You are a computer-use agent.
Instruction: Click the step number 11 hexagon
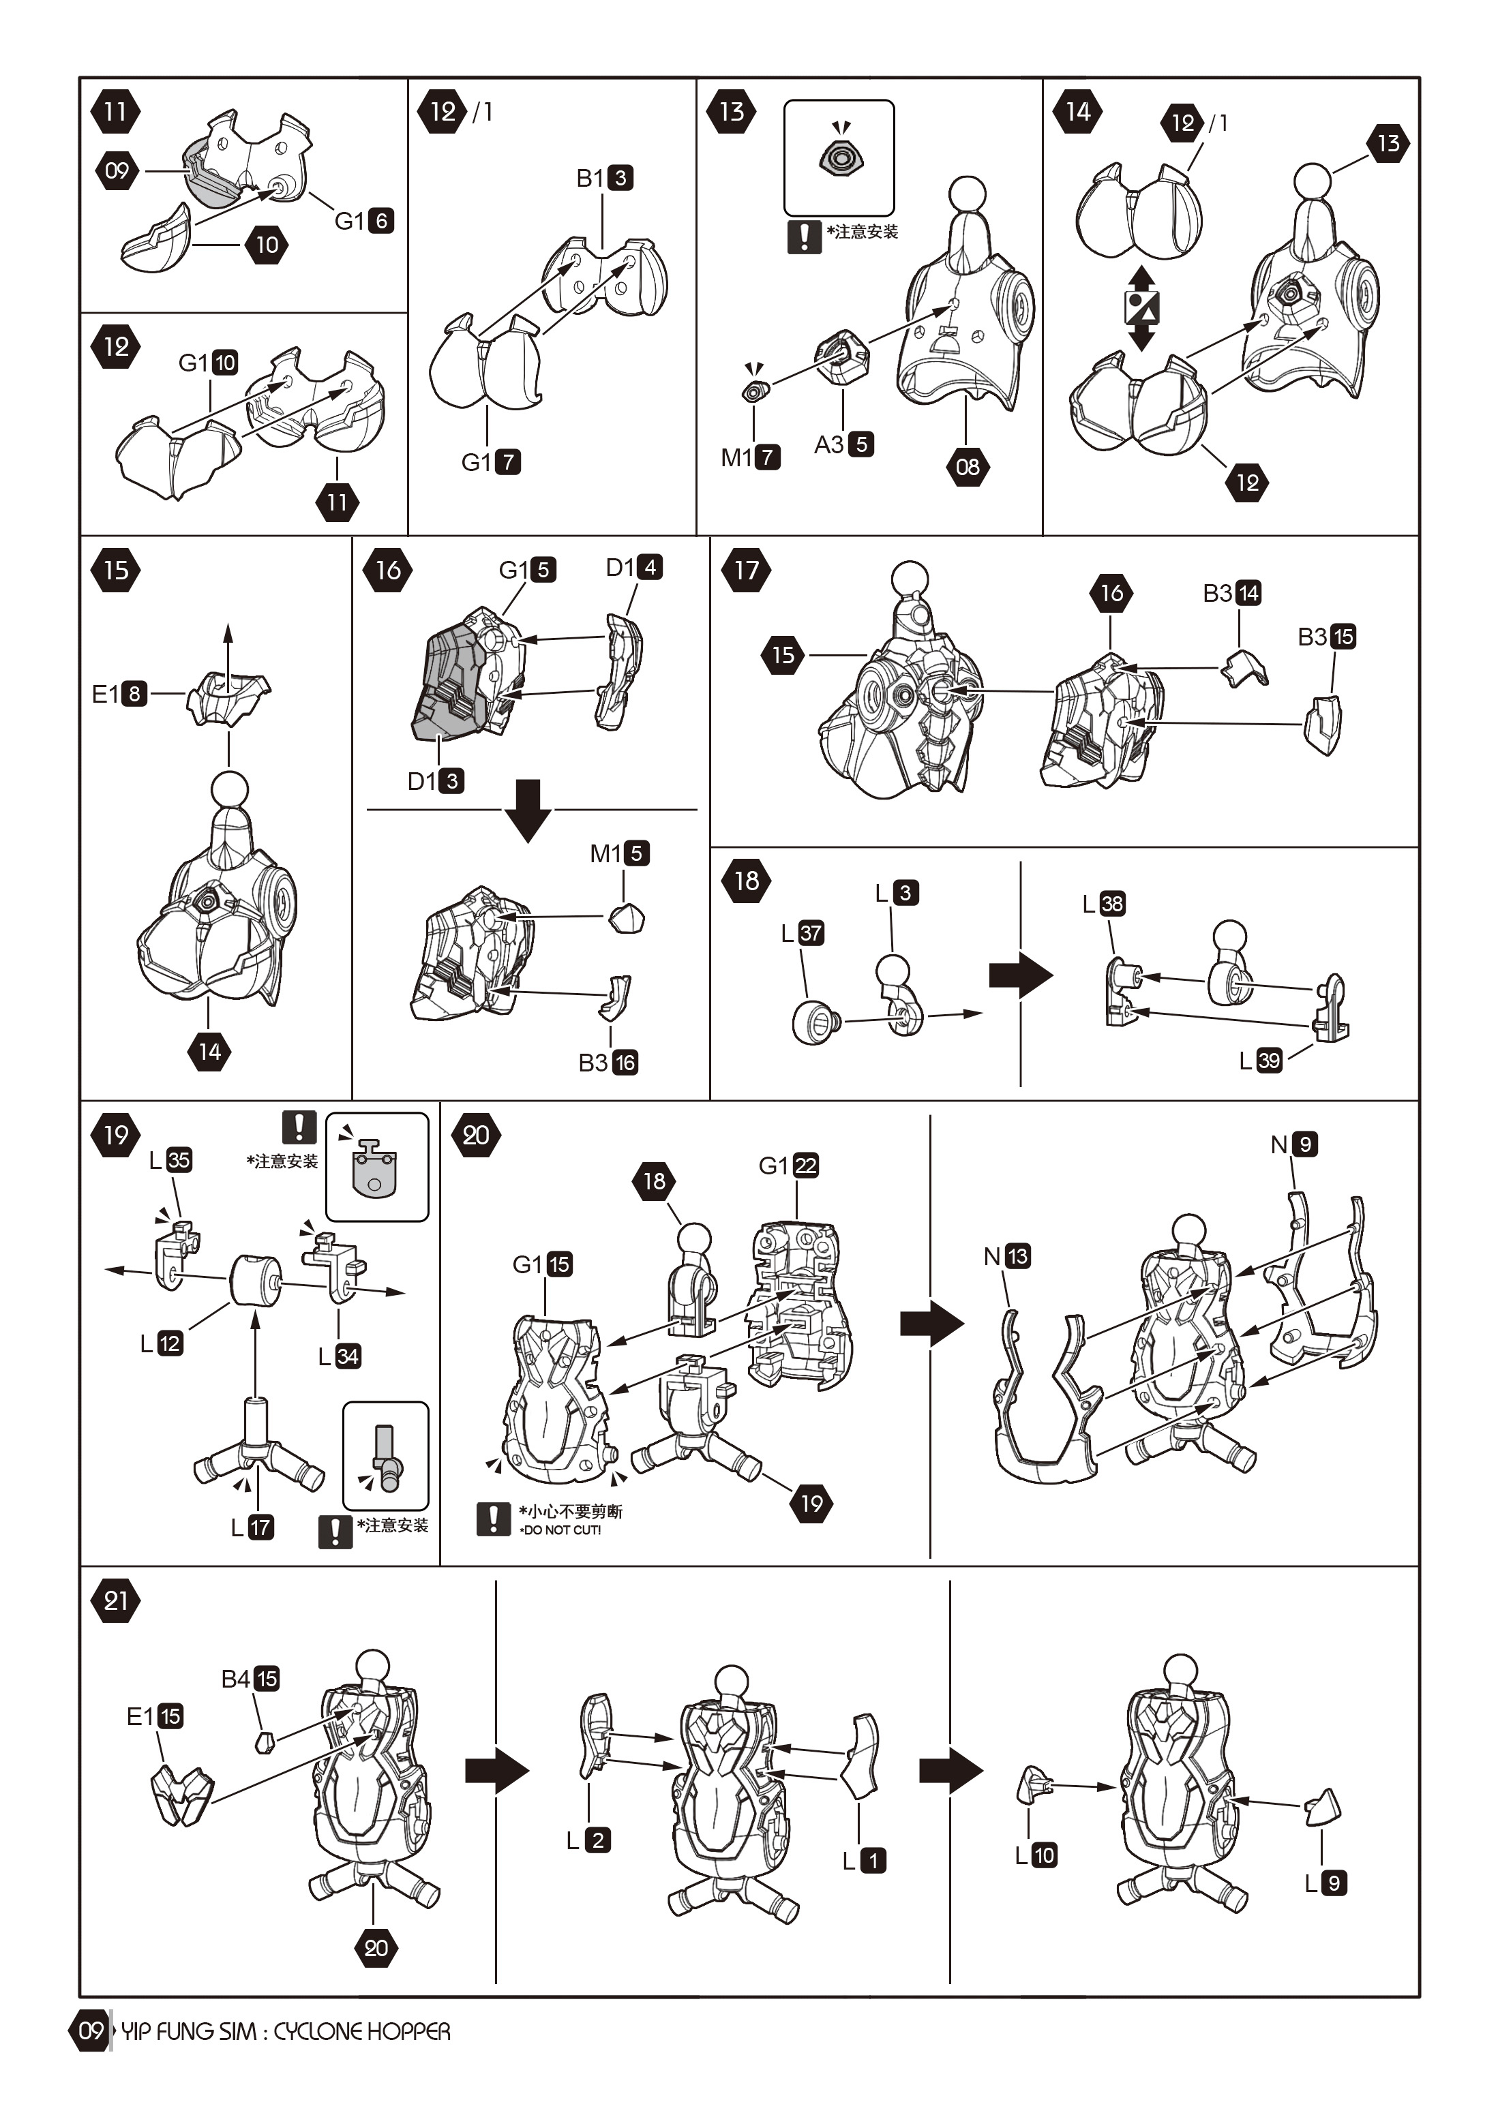115,112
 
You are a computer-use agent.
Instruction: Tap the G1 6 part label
363,220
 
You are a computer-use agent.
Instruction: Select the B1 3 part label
604,178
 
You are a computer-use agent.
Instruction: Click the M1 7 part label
750,457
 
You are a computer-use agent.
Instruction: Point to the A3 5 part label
843,444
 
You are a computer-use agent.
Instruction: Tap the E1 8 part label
119,693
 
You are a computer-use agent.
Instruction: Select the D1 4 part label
633,567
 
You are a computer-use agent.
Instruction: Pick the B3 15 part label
1326,636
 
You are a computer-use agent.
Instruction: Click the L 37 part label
802,933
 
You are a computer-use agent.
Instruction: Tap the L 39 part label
1260,1061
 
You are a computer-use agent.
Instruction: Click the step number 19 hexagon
115,1134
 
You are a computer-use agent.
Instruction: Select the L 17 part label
252,1527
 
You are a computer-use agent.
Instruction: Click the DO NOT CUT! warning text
561,1529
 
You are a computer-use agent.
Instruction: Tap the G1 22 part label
789,1166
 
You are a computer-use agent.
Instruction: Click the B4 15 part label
250,1679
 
